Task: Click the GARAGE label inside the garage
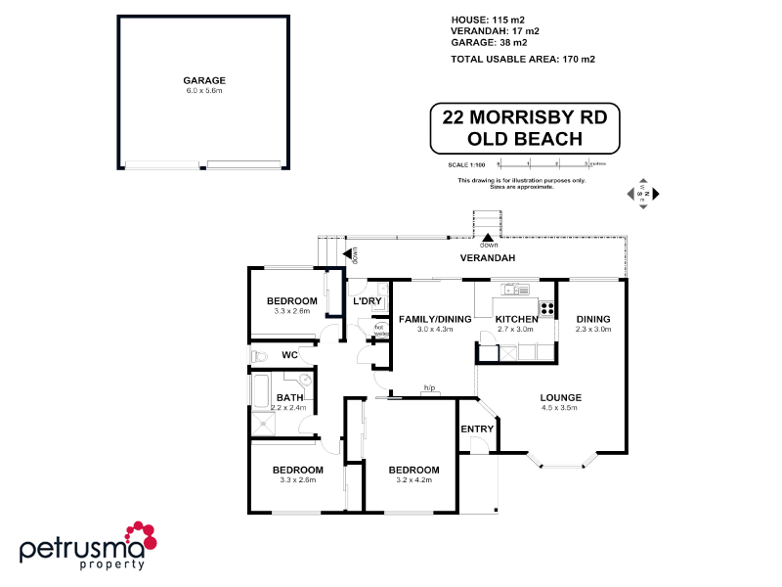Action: click(204, 80)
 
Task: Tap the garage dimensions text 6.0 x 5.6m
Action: click(204, 91)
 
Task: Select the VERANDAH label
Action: click(488, 258)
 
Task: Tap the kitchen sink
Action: click(514, 289)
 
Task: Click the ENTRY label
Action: click(477, 429)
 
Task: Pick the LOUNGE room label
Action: click(561, 397)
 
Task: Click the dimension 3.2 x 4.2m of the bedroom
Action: click(413, 480)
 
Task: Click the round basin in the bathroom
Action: click(304, 380)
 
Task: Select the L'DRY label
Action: click(367, 300)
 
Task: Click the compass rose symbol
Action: click(643, 195)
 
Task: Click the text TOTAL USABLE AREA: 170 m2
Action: click(523, 59)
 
